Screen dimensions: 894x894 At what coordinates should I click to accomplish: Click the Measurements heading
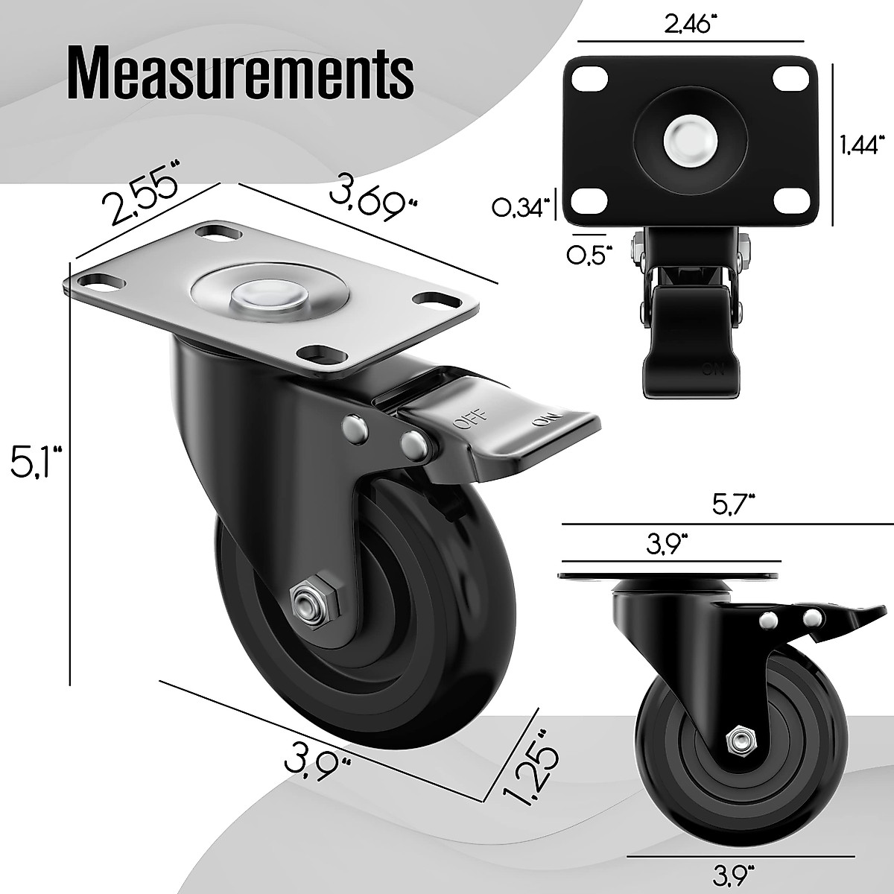pos(241,74)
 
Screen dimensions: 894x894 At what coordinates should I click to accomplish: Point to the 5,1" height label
pos(34,461)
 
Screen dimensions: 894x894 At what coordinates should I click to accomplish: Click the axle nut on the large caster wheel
pos(306,601)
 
